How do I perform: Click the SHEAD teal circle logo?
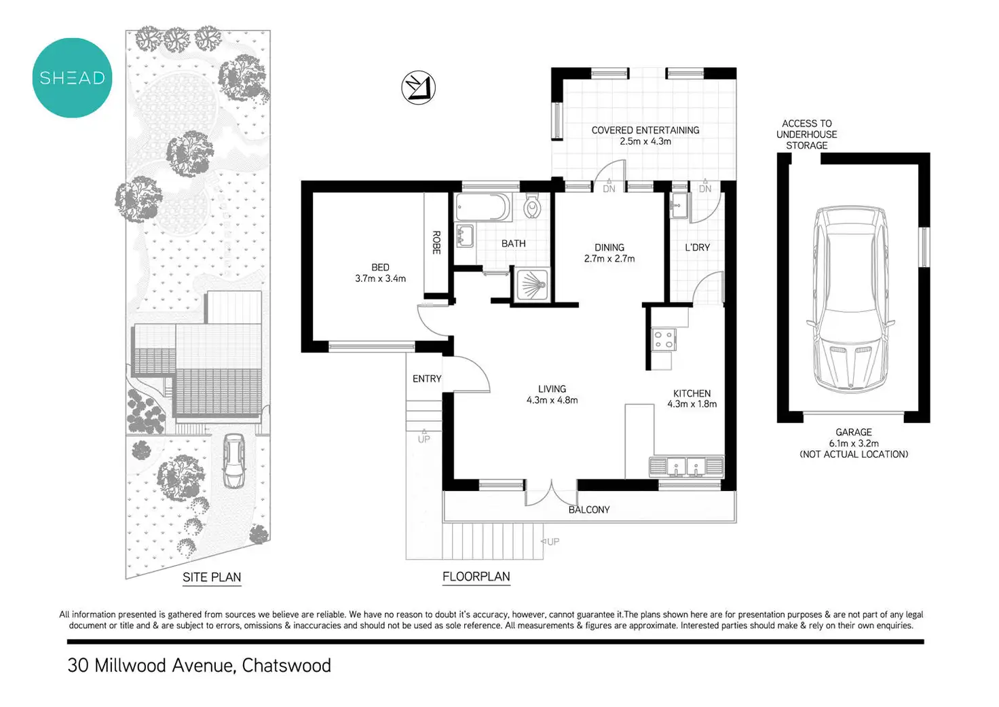point(72,78)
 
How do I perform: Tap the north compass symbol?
point(418,88)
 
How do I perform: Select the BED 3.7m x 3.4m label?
point(380,273)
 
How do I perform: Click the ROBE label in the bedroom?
point(436,242)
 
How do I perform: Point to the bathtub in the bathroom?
point(481,207)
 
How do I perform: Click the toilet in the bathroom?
point(532,206)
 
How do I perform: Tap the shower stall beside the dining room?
point(532,285)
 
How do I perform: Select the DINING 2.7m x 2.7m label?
point(609,253)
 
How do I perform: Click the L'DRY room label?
point(697,247)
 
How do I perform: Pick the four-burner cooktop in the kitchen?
point(663,340)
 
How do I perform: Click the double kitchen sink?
point(687,467)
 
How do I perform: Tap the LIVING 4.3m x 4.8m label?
point(552,395)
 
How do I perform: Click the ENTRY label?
point(427,378)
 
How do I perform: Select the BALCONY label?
point(589,509)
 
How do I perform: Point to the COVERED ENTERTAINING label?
point(645,135)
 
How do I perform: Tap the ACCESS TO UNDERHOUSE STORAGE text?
point(806,134)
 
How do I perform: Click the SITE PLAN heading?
point(212,577)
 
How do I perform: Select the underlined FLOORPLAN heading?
point(476,577)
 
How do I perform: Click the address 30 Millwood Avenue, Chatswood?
point(199,665)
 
